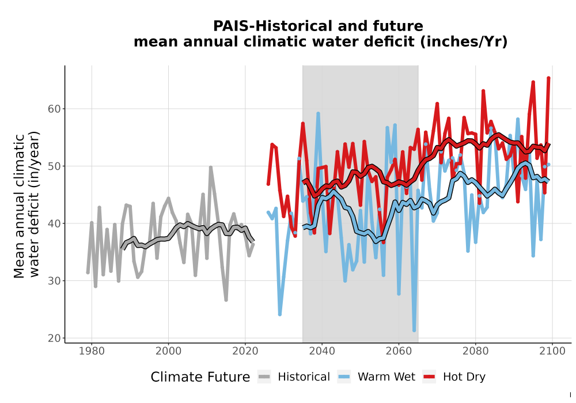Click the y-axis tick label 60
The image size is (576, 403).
click(54, 109)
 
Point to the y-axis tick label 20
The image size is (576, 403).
click(54, 339)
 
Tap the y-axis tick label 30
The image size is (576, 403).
click(54, 281)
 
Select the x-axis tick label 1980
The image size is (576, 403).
click(92, 351)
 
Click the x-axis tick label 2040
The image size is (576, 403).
click(322, 351)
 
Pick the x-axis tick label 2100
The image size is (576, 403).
click(552, 351)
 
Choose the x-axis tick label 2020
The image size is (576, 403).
click(245, 351)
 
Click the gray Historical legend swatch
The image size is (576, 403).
click(264, 377)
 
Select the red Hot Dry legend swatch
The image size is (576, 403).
click(429, 377)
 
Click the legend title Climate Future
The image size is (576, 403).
click(200, 377)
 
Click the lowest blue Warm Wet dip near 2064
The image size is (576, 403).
click(414, 330)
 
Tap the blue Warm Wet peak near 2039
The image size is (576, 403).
click(318, 114)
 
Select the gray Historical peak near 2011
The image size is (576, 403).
click(210, 168)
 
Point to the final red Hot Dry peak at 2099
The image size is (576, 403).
click(548, 78)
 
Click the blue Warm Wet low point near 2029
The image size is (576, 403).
click(280, 314)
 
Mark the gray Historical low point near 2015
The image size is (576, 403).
click(226, 300)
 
